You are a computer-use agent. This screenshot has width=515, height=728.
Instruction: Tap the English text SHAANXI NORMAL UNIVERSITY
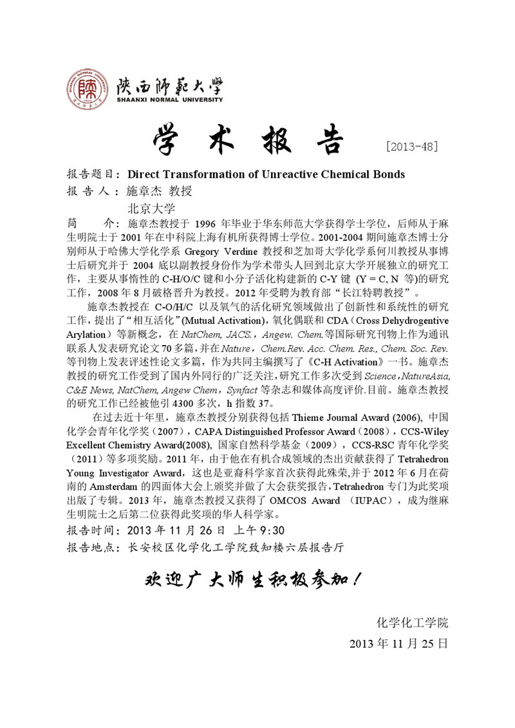(170, 100)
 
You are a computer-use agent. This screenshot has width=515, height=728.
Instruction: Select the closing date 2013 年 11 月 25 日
(398, 644)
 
